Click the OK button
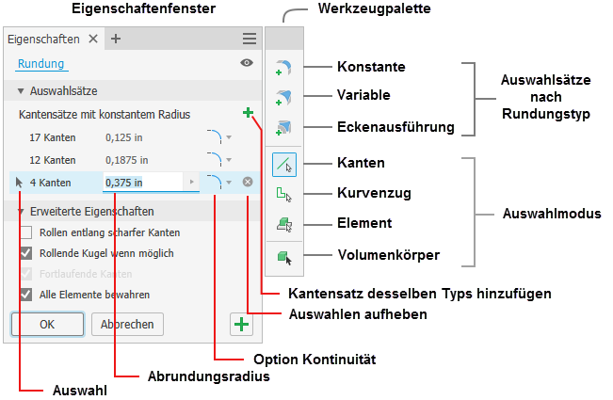point(40,324)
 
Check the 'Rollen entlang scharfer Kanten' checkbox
point(26,232)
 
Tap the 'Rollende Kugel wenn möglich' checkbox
point(26,253)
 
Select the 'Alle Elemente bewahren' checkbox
point(26,295)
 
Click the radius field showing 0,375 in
point(141,183)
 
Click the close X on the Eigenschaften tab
point(92,40)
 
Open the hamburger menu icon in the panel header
point(249,40)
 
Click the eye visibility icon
point(247,64)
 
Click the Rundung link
point(40,64)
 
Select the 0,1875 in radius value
point(127,159)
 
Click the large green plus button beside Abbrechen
point(242,325)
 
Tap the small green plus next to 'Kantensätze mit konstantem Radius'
point(248,114)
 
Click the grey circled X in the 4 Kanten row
point(248,182)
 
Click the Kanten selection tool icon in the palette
point(284,165)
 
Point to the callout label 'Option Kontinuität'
point(315,360)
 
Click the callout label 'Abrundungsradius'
point(209,376)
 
